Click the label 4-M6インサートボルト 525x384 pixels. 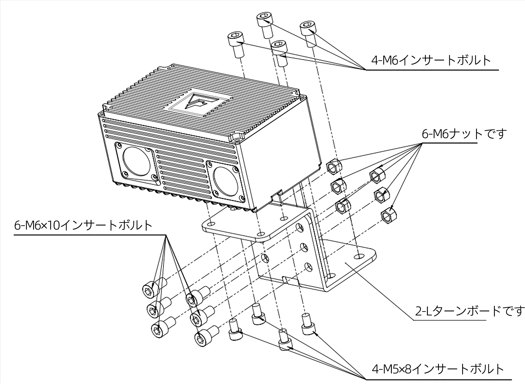431,60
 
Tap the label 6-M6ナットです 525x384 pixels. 464,134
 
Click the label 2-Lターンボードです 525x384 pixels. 469,311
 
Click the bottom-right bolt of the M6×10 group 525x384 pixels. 203,338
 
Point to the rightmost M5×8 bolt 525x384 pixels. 308,325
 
